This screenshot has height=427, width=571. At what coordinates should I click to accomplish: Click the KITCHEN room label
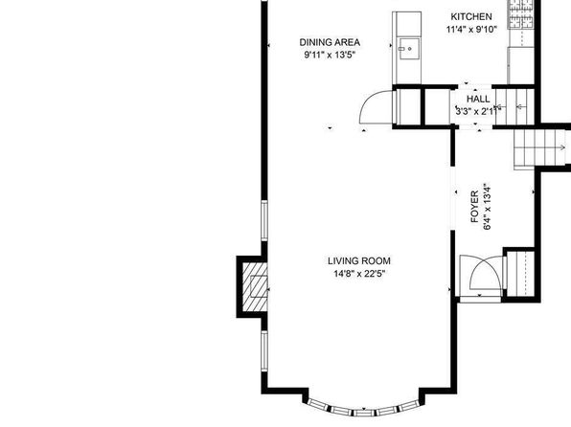[x=471, y=16]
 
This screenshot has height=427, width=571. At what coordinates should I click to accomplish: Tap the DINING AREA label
[x=330, y=42]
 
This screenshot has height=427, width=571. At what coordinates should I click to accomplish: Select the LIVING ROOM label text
[x=359, y=260]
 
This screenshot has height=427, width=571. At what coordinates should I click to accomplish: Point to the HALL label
[x=478, y=99]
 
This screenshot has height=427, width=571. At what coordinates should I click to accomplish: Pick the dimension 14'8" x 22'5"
[x=359, y=274]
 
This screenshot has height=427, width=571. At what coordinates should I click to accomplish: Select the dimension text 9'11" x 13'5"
[x=330, y=55]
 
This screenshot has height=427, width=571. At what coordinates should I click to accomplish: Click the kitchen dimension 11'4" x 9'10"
[x=471, y=30]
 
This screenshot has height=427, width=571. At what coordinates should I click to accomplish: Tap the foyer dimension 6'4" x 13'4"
[x=487, y=207]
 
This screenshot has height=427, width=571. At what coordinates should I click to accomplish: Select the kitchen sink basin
[x=409, y=49]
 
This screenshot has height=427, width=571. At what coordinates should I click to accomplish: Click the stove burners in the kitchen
[x=521, y=13]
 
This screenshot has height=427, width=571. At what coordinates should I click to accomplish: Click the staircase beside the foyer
[x=539, y=147]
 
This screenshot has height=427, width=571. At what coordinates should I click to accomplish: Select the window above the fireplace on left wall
[x=264, y=220]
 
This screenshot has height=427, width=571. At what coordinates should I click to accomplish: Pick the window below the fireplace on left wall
[x=264, y=350]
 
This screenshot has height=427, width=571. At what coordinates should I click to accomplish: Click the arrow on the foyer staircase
[x=562, y=147]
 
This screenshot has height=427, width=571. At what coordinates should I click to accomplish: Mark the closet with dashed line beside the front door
[x=520, y=274]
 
